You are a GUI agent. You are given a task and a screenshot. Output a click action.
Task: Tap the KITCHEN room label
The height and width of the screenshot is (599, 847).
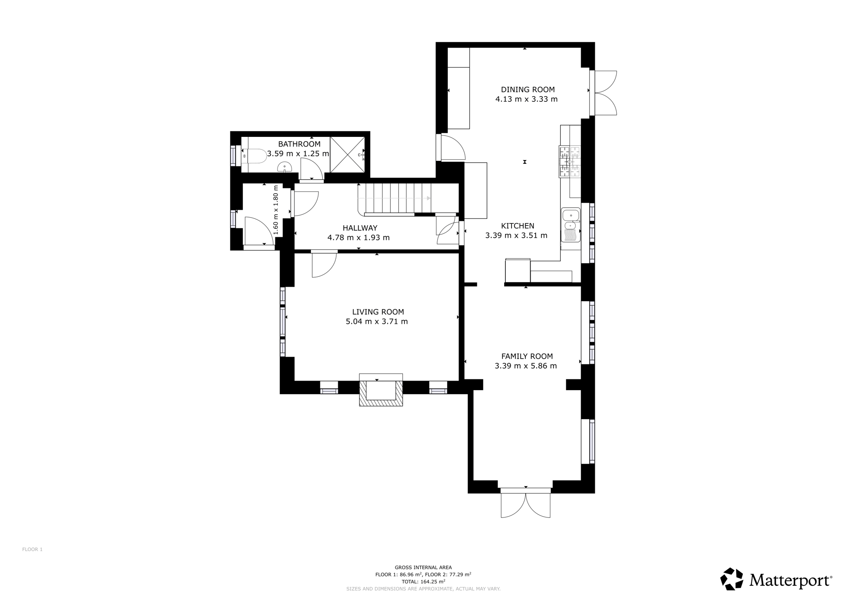pyautogui.click(x=517, y=226)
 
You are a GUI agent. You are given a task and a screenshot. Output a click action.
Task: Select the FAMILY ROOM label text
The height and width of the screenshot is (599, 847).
pyautogui.click(x=527, y=356)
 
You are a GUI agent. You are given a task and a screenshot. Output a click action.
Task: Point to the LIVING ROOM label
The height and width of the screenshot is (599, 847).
pyautogui.click(x=378, y=312)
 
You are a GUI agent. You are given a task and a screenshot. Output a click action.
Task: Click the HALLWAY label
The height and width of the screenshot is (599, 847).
pyautogui.click(x=360, y=228)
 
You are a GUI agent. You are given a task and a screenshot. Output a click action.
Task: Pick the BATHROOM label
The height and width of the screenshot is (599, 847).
pyautogui.click(x=299, y=144)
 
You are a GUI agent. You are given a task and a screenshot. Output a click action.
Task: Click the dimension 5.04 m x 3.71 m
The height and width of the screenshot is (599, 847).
pyautogui.click(x=377, y=321)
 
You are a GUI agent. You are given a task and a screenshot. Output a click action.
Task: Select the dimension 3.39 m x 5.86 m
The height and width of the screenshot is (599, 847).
pyautogui.click(x=526, y=366)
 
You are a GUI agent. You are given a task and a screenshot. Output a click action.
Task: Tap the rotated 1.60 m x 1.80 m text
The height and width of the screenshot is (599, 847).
pyautogui.click(x=276, y=210)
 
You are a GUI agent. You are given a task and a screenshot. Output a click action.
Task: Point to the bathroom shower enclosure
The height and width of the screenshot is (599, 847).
pyautogui.click(x=347, y=154)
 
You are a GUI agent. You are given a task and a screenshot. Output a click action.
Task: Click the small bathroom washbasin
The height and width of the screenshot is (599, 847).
pyautogui.click(x=285, y=168)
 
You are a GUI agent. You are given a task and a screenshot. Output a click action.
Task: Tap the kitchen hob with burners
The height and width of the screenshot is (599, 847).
pyautogui.click(x=570, y=162)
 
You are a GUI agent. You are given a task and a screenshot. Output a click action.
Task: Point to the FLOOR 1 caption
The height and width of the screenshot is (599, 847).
pyautogui.click(x=32, y=549)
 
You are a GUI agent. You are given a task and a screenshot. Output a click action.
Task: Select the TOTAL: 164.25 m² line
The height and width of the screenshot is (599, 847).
pyautogui.click(x=423, y=581)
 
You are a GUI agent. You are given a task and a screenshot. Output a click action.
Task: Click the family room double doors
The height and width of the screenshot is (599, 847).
pyautogui.click(x=526, y=503)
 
